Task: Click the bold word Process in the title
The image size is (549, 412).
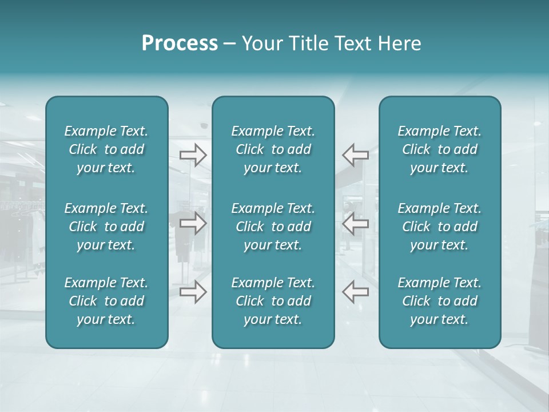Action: click(180, 43)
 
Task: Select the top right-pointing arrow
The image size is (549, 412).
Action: click(193, 154)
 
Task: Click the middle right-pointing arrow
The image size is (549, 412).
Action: click(193, 223)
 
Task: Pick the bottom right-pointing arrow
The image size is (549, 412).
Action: click(193, 292)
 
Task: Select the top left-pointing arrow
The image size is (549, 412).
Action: click(355, 154)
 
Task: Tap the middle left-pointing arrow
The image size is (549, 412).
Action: click(355, 223)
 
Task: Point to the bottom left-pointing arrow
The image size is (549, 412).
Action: click(355, 292)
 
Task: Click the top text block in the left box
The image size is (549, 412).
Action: click(106, 149)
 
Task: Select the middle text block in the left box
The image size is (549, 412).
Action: click(106, 227)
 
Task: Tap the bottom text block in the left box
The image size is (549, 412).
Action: click(106, 301)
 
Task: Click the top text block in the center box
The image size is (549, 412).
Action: click(273, 149)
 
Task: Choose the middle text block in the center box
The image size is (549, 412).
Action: click(273, 227)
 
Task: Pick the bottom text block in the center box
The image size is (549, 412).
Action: click(273, 301)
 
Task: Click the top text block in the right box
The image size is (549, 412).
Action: click(440, 149)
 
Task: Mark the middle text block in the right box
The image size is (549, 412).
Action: click(440, 227)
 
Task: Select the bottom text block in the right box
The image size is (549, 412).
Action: click(440, 301)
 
